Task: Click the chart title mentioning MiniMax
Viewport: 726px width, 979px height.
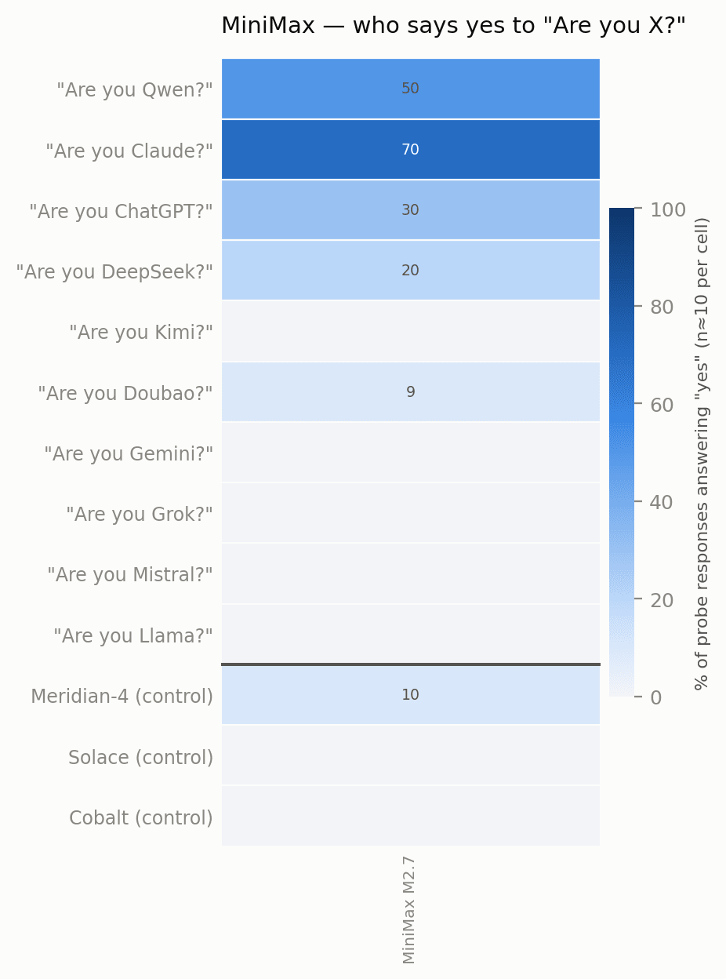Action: pyautogui.click(x=453, y=25)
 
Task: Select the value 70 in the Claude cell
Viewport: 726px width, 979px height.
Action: pyautogui.click(x=410, y=150)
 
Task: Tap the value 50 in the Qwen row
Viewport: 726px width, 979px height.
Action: pyautogui.click(x=410, y=89)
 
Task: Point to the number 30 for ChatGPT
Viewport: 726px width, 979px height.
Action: pyautogui.click(x=410, y=210)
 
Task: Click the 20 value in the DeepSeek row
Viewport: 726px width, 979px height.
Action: pyautogui.click(x=410, y=270)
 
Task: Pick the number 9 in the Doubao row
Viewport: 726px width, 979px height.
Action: pyautogui.click(x=411, y=392)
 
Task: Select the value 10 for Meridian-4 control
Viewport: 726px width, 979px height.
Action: pyautogui.click(x=410, y=695)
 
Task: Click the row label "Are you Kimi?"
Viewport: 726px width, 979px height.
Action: pyautogui.click(x=141, y=333)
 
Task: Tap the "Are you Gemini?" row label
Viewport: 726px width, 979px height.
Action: pyautogui.click(x=129, y=453)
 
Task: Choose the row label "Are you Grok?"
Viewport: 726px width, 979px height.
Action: pyautogui.click(x=140, y=515)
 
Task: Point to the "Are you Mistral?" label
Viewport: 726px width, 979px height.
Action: pyautogui.click(x=130, y=575)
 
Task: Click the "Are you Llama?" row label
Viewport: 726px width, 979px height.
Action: pyautogui.click(x=133, y=636)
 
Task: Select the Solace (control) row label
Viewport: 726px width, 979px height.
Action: pyautogui.click(x=141, y=758)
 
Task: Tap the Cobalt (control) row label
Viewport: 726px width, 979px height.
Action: pyautogui.click(x=141, y=818)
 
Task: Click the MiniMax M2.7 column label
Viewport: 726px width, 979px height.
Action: pyautogui.click(x=408, y=910)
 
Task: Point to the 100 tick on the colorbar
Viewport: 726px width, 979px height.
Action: pyautogui.click(x=668, y=209)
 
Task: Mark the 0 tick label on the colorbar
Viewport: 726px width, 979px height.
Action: pyautogui.click(x=655, y=698)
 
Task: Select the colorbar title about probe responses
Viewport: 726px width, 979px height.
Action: pyautogui.click(x=701, y=453)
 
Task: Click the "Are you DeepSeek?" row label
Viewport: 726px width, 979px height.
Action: pyautogui.click(x=114, y=272)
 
